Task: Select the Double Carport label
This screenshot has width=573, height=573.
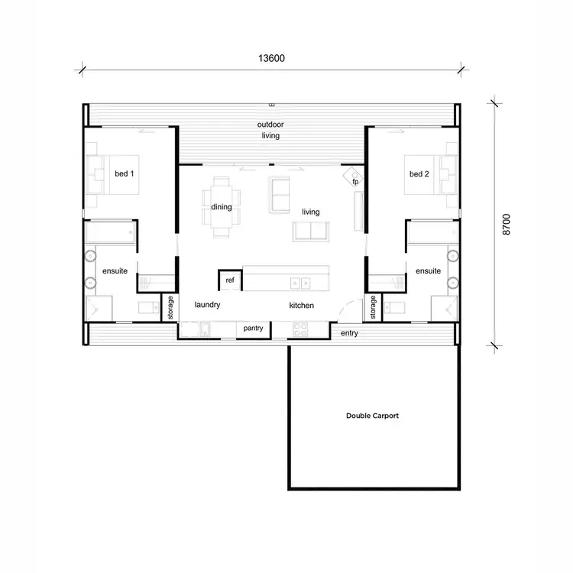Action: point(372,416)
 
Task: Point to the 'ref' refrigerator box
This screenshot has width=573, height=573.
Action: point(229,280)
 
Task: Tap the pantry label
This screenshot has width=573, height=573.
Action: point(254,329)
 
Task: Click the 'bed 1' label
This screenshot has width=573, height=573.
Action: point(124,174)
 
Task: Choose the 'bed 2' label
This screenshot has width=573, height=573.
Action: point(419,174)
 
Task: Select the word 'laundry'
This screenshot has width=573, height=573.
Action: point(207,305)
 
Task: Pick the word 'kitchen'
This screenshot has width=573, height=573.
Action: point(302,305)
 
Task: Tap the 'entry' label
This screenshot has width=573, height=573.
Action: point(349,333)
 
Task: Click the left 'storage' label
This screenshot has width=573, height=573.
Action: point(170,307)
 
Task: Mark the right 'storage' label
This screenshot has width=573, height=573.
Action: point(374,307)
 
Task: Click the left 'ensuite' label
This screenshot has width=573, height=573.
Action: point(115,271)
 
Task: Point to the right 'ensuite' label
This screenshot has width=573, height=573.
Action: point(428,271)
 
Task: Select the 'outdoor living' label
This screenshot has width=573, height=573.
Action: point(270,130)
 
